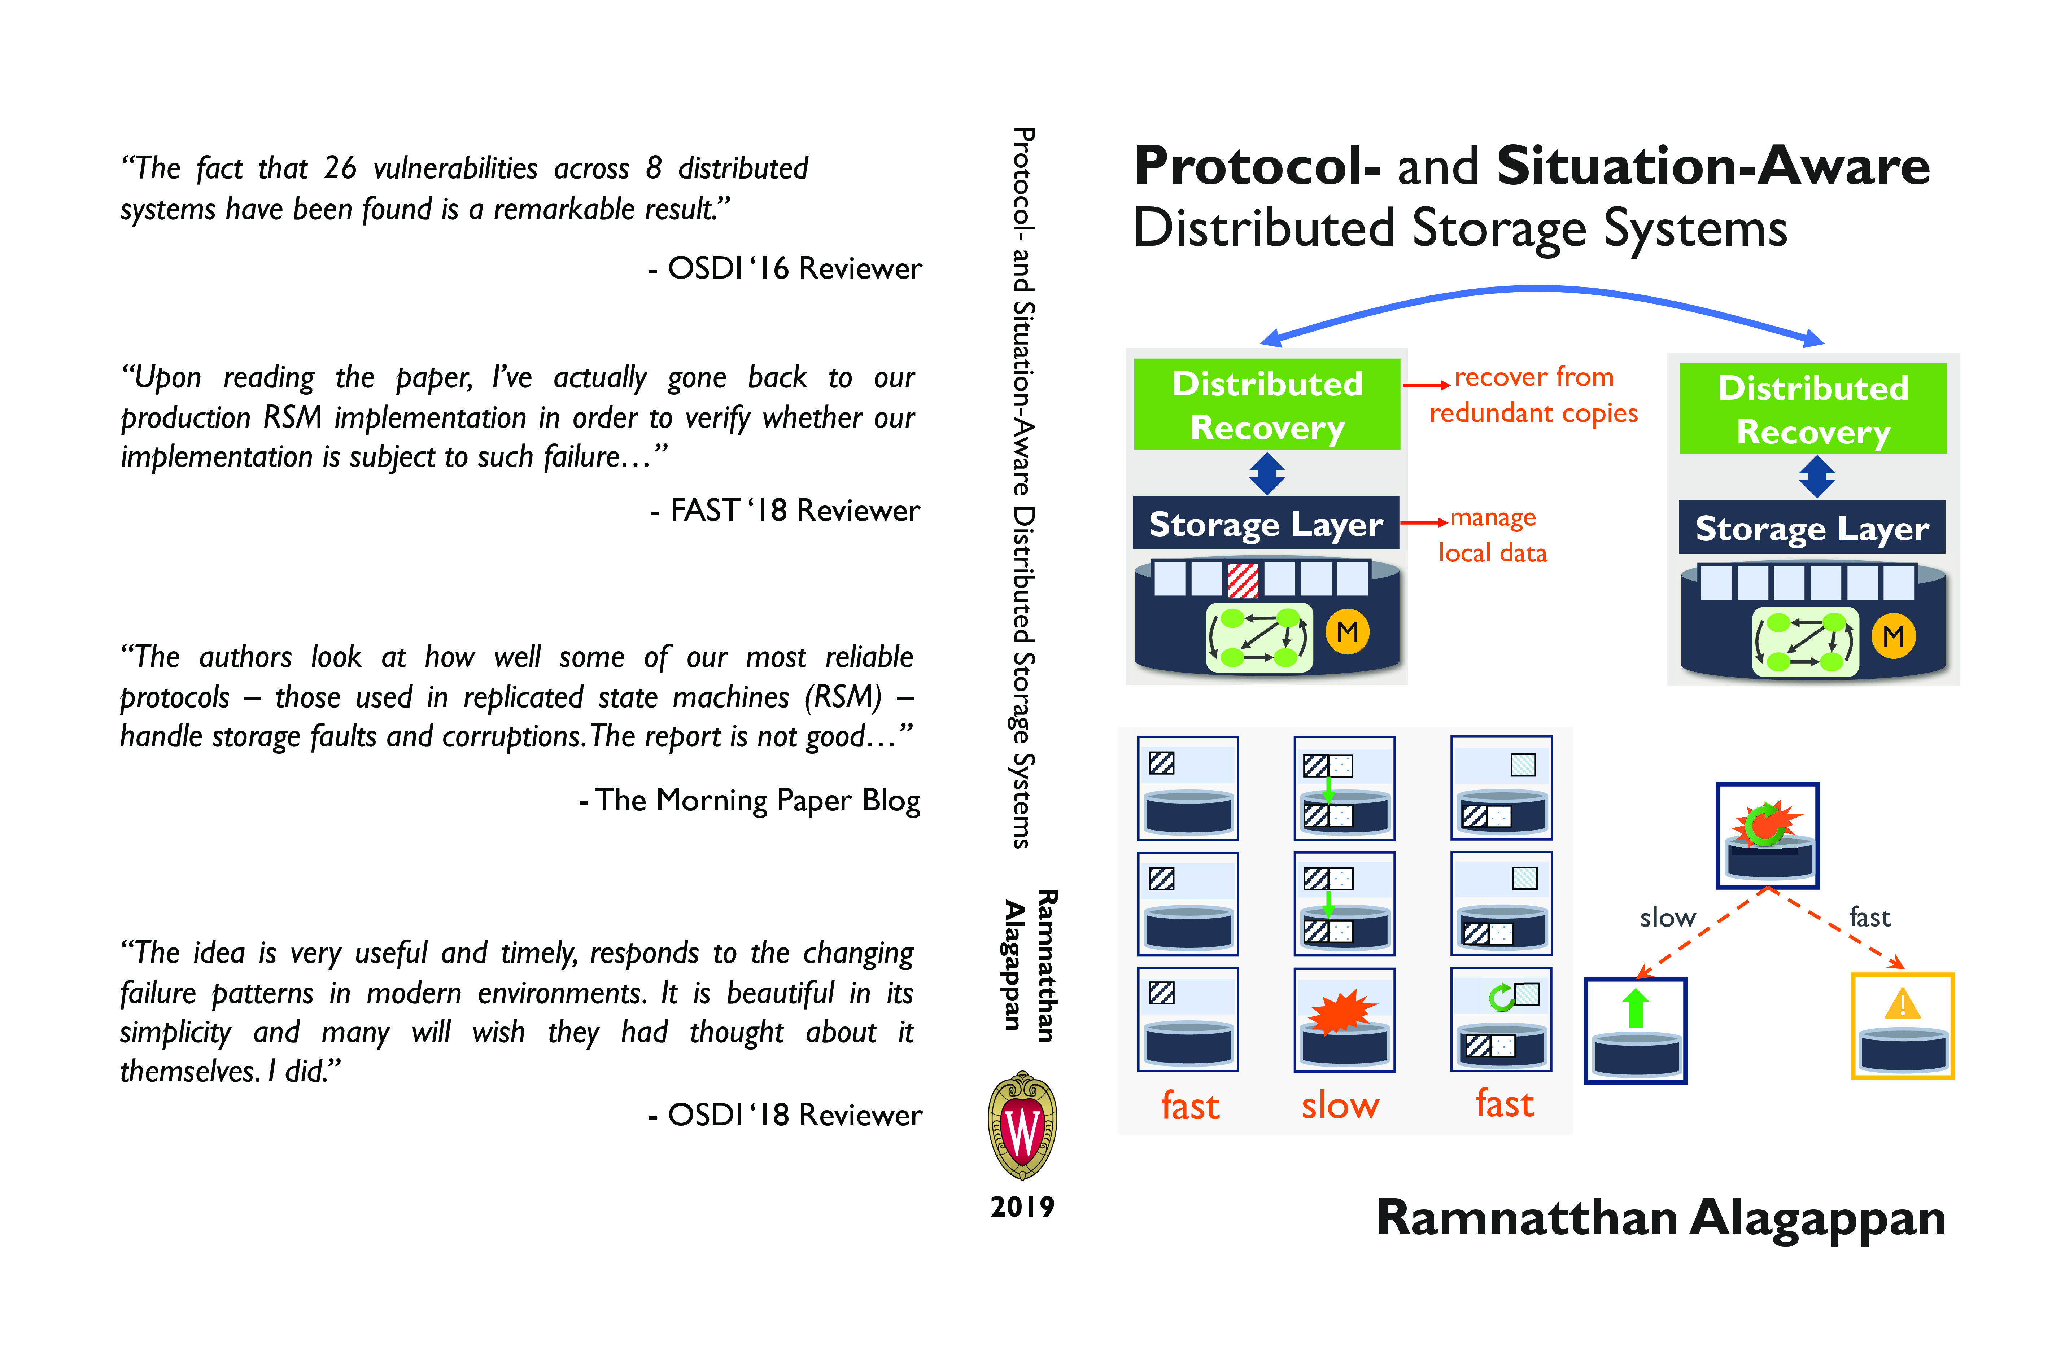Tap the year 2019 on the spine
[1022, 1206]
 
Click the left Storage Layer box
[1266, 523]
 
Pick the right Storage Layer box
[1812, 527]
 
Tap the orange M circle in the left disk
[1347, 632]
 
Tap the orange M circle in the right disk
[1893, 637]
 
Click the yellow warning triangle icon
[1903, 1003]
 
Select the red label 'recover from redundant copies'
[1533, 395]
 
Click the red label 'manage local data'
[1493, 535]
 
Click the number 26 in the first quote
[340, 167]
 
